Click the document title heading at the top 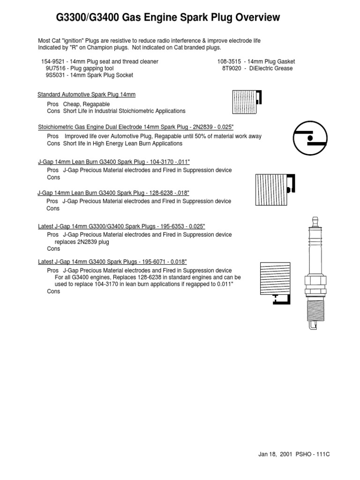click(x=168, y=18)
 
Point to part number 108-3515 click(x=229, y=61)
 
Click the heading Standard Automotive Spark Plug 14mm click(x=86, y=95)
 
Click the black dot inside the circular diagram click(x=309, y=139)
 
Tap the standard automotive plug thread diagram click(x=247, y=102)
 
